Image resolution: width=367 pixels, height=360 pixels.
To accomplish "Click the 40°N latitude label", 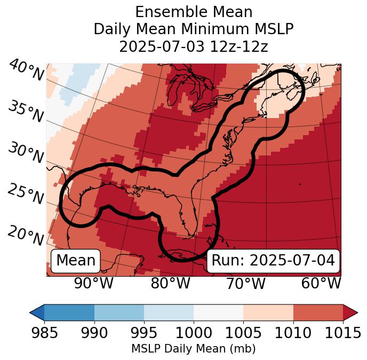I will point(26,71).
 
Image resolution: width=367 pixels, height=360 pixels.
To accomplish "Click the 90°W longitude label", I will point(93,284).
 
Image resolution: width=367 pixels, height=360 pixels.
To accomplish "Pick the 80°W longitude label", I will point(170,284).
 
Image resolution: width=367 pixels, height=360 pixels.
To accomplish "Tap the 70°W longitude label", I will point(245,284).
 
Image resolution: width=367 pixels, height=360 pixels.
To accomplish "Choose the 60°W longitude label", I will point(321,284).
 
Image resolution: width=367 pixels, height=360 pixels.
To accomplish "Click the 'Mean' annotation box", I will point(76,261).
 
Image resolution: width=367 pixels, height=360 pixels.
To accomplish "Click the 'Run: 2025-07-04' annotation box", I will point(273,261).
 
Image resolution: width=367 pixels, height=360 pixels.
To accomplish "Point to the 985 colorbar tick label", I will point(45,333).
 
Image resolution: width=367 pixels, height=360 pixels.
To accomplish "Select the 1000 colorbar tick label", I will point(194,333).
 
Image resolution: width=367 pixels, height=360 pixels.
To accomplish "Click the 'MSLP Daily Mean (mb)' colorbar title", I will point(194,349).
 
